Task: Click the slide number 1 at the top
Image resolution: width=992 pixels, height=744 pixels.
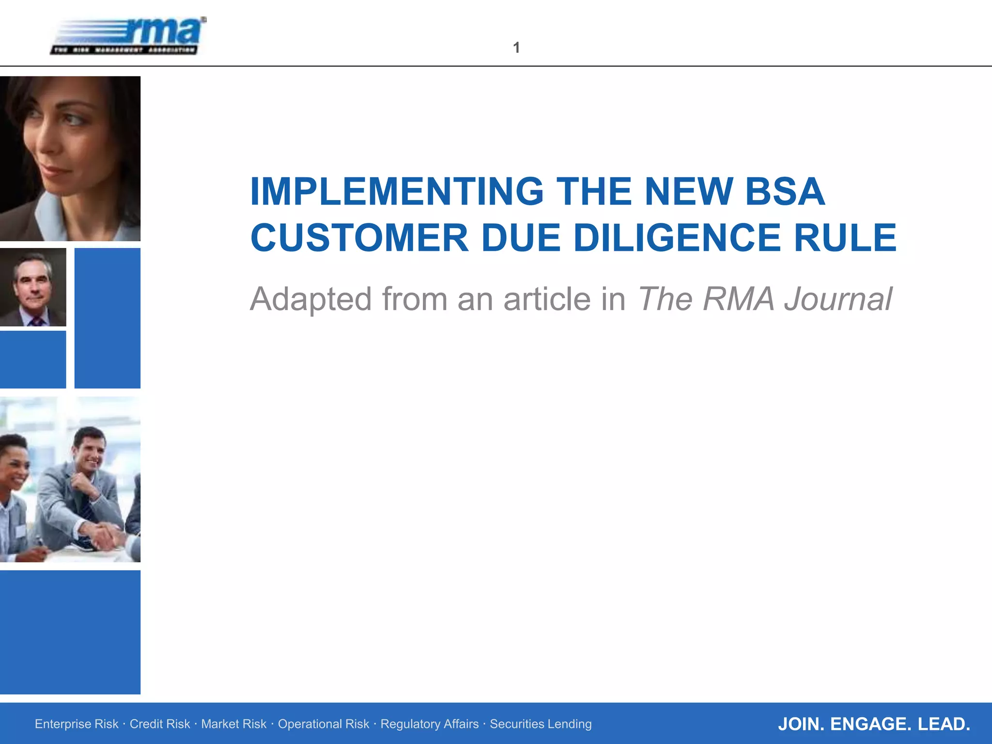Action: (x=516, y=47)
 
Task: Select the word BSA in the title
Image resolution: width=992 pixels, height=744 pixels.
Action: (x=785, y=192)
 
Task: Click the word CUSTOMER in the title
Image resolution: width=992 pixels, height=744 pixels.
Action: (x=359, y=238)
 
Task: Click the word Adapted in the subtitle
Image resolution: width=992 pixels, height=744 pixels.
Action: (x=310, y=299)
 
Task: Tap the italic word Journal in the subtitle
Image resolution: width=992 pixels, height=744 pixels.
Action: (x=838, y=299)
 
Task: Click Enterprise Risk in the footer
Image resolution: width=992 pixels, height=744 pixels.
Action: (x=77, y=724)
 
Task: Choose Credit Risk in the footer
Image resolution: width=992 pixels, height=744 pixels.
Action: (x=160, y=724)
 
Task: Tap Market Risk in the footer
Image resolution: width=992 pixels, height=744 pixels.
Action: (x=233, y=724)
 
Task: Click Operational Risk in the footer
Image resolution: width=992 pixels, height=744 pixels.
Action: (x=324, y=724)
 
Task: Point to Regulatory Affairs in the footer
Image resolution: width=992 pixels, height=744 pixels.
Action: (x=430, y=724)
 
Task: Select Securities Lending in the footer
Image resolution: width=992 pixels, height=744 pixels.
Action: (x=541, y=724)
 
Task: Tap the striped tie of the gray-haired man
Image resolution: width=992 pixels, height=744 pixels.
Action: (x=36, y=321)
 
